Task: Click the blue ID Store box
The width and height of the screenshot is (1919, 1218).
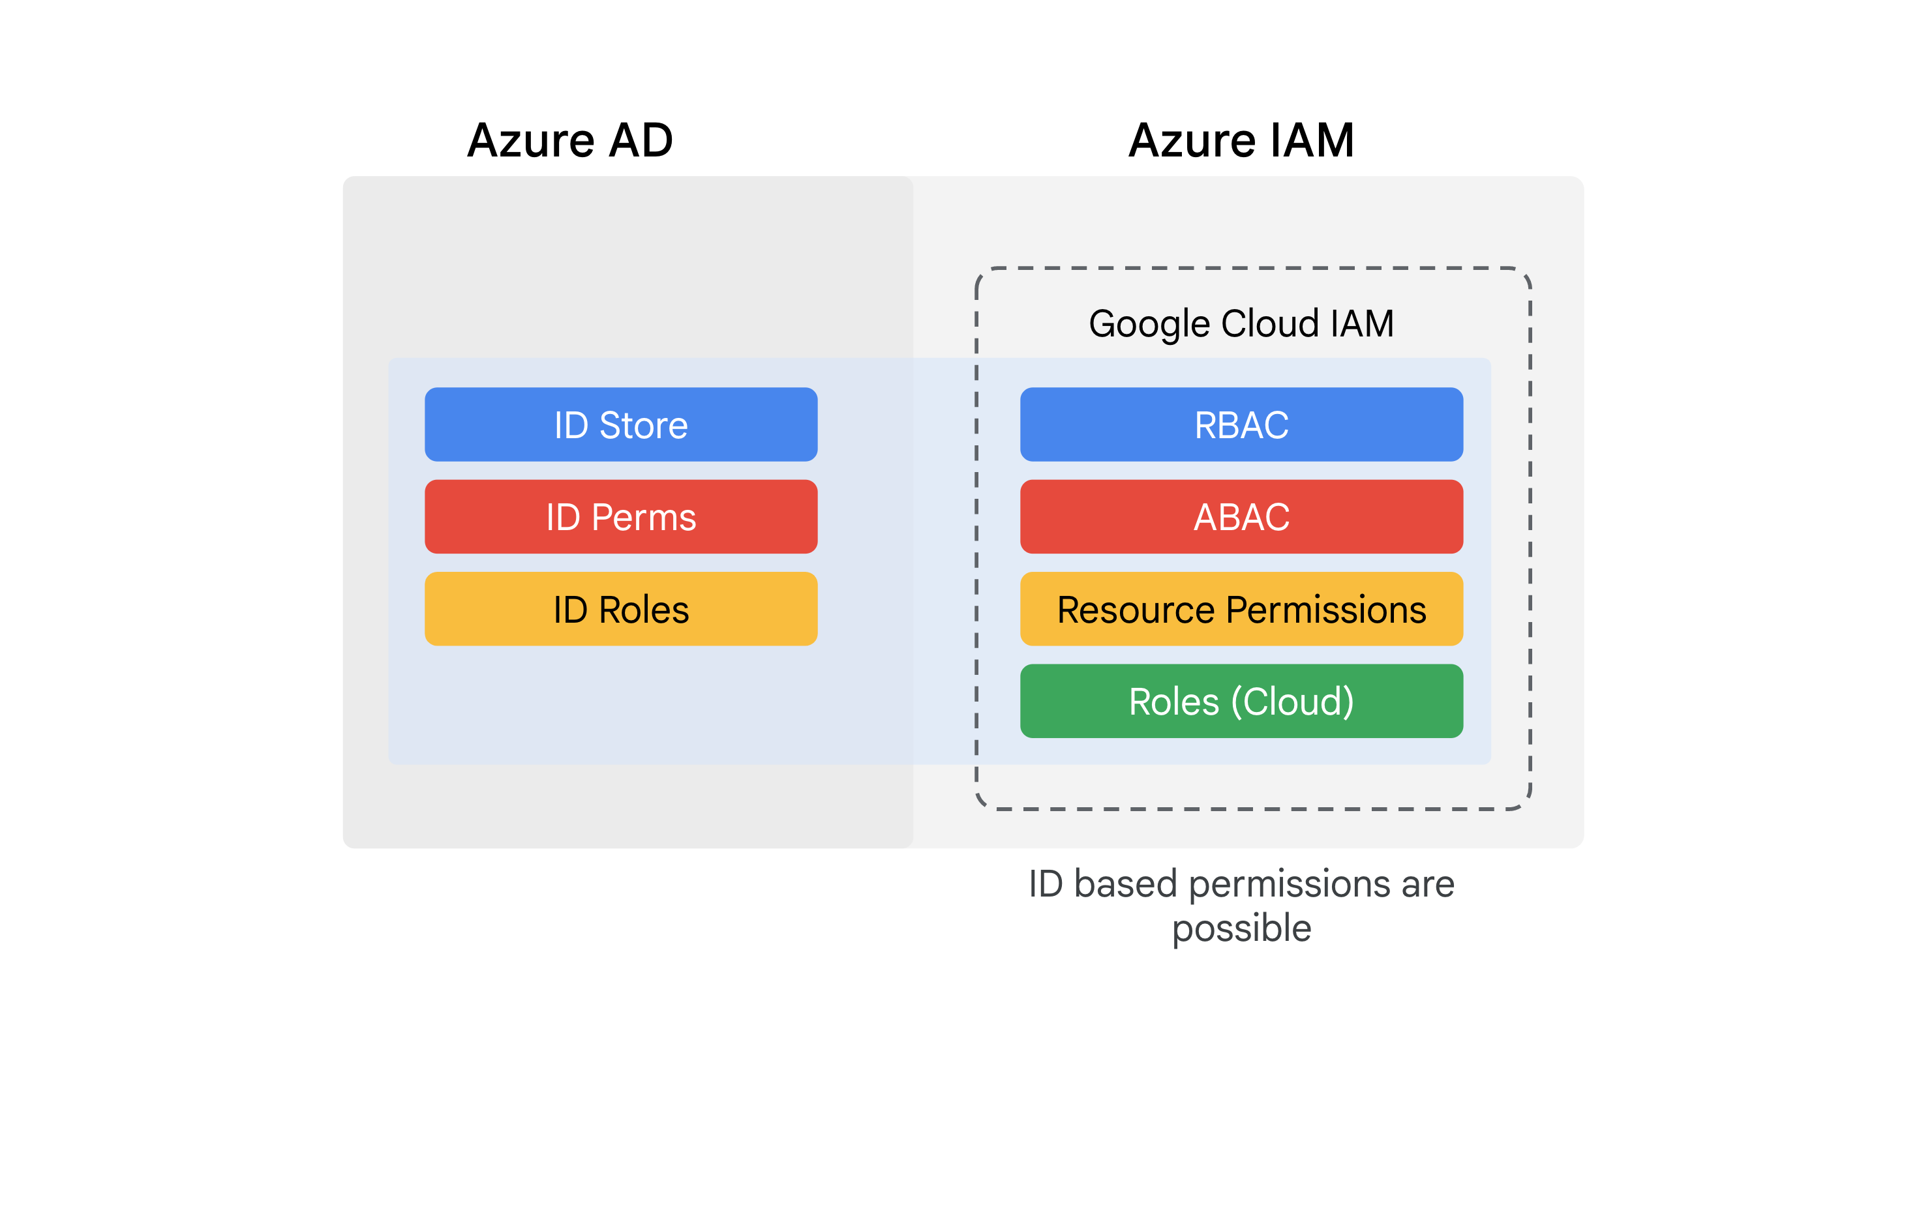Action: pyautogui.click(x=621, y=424)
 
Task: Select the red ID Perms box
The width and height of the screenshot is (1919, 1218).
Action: pyautogui.click(x=621, y=517)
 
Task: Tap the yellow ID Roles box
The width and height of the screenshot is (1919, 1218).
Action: pyautogui.click(x=621, y=610)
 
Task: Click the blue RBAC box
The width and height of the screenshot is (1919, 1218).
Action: pyautogui.click(x=1241, y=424)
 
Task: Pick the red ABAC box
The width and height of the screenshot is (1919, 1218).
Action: pyautogui.click(x=1241, y=517)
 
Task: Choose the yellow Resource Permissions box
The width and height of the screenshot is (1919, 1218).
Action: pyautogui.click(x=1241, y=610)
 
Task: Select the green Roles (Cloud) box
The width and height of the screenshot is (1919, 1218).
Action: pyautogui.click(x=1241, y=702)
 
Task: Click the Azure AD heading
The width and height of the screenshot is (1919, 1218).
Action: pyautogui.click(x=570, y=140)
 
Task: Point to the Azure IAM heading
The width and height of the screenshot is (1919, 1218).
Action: pyautogui.click(x=1241, y=140)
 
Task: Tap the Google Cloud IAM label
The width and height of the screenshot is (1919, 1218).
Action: pyautogui.click(x=1241, y=323)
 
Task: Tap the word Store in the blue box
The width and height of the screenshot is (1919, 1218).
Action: pyautogui.click(x=643, y=425)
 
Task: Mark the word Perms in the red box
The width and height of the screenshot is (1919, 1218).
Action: pyautogui.click(x=643, y=518)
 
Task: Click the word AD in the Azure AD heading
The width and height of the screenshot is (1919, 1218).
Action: pyautogui.click(x=641, y=140)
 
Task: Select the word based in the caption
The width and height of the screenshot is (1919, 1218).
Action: pyautogui.click(x=1125, y=884)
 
